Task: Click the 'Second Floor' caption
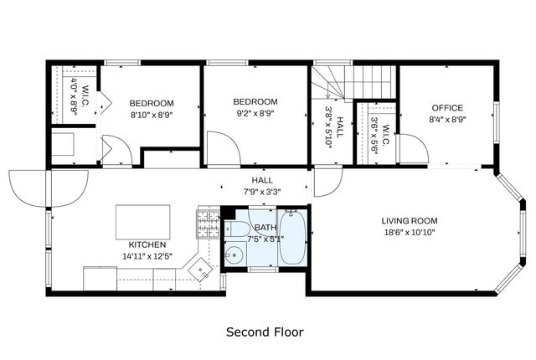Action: tap(265, 332)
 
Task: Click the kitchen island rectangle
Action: tap(142, 222)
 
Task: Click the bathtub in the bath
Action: tap(292, 240)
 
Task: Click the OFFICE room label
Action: tap(447, 108)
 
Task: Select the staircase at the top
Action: tap(356, 82)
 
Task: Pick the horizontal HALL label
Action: tap(262, 180)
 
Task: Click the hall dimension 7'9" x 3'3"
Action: tap(262, 191)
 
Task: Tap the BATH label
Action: tap(265, 227)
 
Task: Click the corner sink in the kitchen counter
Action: tap(200, 270)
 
